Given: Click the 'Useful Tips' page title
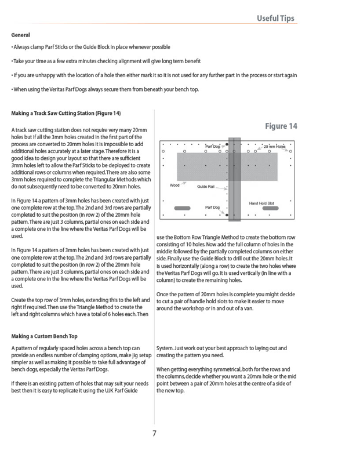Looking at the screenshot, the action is [275, 19].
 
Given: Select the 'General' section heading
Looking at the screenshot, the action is [20, 35].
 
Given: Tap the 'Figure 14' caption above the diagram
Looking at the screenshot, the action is [281, 126].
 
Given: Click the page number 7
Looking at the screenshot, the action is [154, 433].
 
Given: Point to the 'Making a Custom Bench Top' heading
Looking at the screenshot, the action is [44, 336].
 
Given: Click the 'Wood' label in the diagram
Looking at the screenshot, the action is [174, 186].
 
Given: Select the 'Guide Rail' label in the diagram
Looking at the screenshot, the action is [206, 187].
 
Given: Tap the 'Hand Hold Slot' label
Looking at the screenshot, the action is [261, 203].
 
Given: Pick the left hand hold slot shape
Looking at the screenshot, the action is [182, 208].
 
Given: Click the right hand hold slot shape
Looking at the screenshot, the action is [271, 208].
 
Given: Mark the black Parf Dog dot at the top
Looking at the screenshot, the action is [227, 144].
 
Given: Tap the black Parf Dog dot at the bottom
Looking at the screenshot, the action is [227, 215].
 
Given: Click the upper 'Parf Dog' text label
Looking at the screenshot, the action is [213, 146].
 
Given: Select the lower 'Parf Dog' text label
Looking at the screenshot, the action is [213, 208].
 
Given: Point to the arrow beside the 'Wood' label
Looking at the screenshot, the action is [183, 183].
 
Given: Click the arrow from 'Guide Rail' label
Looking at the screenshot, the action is [221, 188].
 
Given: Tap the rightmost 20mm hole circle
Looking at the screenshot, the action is [290, 151].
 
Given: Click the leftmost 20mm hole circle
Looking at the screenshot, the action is [163, 151].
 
